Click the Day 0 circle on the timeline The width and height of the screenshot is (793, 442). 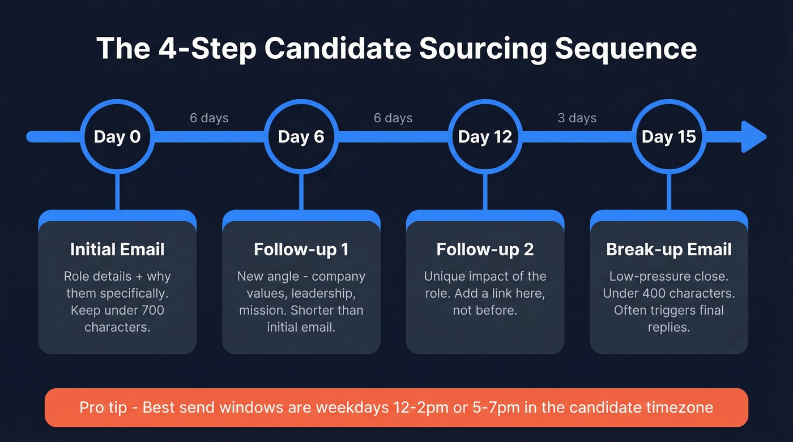point(117,137)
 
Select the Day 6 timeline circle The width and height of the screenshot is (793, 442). point(301,137)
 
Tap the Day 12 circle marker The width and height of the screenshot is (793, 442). point(485,137)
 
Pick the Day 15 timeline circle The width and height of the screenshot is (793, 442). point(668,137)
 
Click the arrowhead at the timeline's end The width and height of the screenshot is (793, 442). point(753,137)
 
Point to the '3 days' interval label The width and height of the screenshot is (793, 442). point(577,118)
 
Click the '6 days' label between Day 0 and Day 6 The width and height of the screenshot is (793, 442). point(209,118)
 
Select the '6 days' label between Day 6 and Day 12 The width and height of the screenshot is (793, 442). point(393,118)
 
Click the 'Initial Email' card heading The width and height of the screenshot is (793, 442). point(117,250)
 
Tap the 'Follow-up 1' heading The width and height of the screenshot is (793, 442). point(301,250)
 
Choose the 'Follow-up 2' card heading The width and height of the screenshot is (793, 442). point(485,250)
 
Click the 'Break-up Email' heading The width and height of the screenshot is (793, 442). point(669,250)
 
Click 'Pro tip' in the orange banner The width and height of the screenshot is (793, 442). point(103,407)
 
